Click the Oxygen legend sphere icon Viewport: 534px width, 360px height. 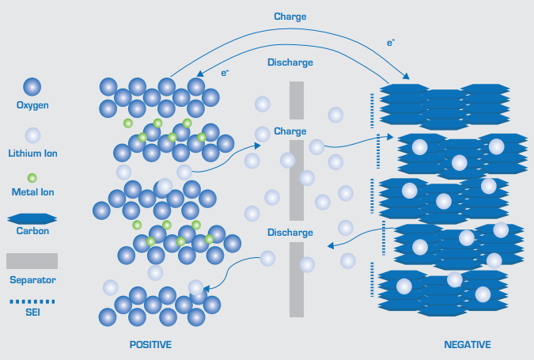(32, 87)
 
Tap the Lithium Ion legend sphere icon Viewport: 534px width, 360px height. (32, 135)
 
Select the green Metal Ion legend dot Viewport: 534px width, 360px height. (32, 178)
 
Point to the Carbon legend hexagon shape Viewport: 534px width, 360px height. (32, 218)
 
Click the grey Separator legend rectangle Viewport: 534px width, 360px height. (32, 261)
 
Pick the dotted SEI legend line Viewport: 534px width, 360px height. (32, 301)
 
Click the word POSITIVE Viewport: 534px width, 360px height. (150, 345)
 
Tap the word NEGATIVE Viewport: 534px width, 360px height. (468, 345)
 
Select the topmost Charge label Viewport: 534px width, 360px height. (290, 17)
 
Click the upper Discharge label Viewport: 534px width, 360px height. (290, 63)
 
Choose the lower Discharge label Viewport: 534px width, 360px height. (290, 233)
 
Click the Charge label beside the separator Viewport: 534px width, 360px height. (290, 131)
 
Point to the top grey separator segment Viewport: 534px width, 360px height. (297, 100)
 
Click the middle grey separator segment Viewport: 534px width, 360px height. (297, 180)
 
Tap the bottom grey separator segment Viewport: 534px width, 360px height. (297, 279)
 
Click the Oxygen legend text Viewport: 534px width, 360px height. (32, 105)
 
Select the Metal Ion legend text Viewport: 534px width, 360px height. (32, 192)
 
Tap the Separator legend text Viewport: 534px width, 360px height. (32, 280)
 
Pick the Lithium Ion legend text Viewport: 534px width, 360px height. (32, 153)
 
